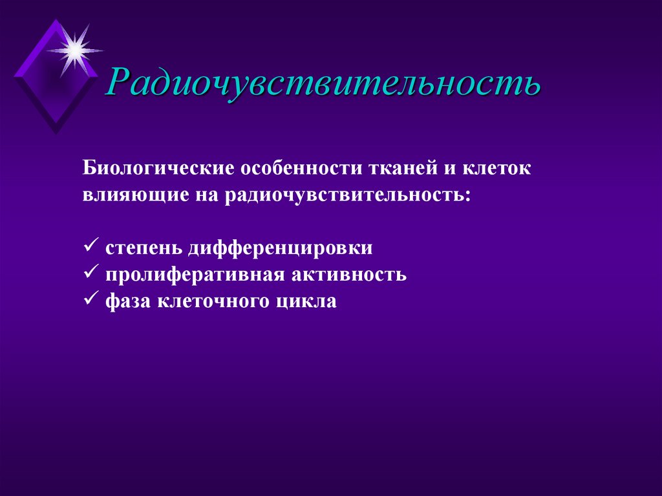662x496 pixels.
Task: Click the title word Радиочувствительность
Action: [x=323, y=83]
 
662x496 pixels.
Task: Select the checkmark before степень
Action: [x=90, y=246]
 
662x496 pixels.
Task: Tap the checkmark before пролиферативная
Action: [x=90, y=273]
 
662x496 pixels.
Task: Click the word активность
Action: [x=348, y=274]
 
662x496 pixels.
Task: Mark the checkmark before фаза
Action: [x=90, y=299]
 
